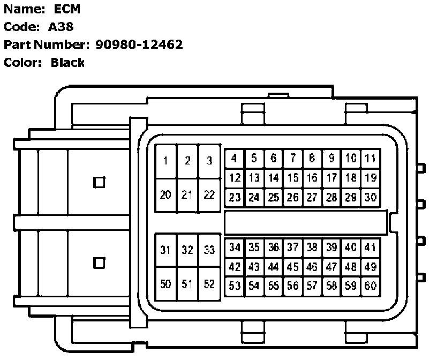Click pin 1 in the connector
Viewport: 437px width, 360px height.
166,161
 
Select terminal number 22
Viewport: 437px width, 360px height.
209,195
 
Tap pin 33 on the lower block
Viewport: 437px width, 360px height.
209,250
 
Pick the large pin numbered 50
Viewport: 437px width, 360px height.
166,284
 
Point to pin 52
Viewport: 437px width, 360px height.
209,284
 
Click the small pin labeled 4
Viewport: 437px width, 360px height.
235,159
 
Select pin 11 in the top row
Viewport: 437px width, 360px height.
370,159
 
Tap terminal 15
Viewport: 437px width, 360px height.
292,178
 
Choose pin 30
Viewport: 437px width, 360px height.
370,197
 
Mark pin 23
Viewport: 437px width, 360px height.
235,197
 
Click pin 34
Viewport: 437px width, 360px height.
235,247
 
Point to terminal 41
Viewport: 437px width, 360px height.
370,247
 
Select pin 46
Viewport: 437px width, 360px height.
312,267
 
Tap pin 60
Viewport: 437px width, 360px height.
370,286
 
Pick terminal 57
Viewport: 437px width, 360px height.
312,286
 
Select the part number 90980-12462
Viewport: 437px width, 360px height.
139,44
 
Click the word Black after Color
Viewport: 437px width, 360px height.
67,63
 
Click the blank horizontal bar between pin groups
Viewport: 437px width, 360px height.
305,221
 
